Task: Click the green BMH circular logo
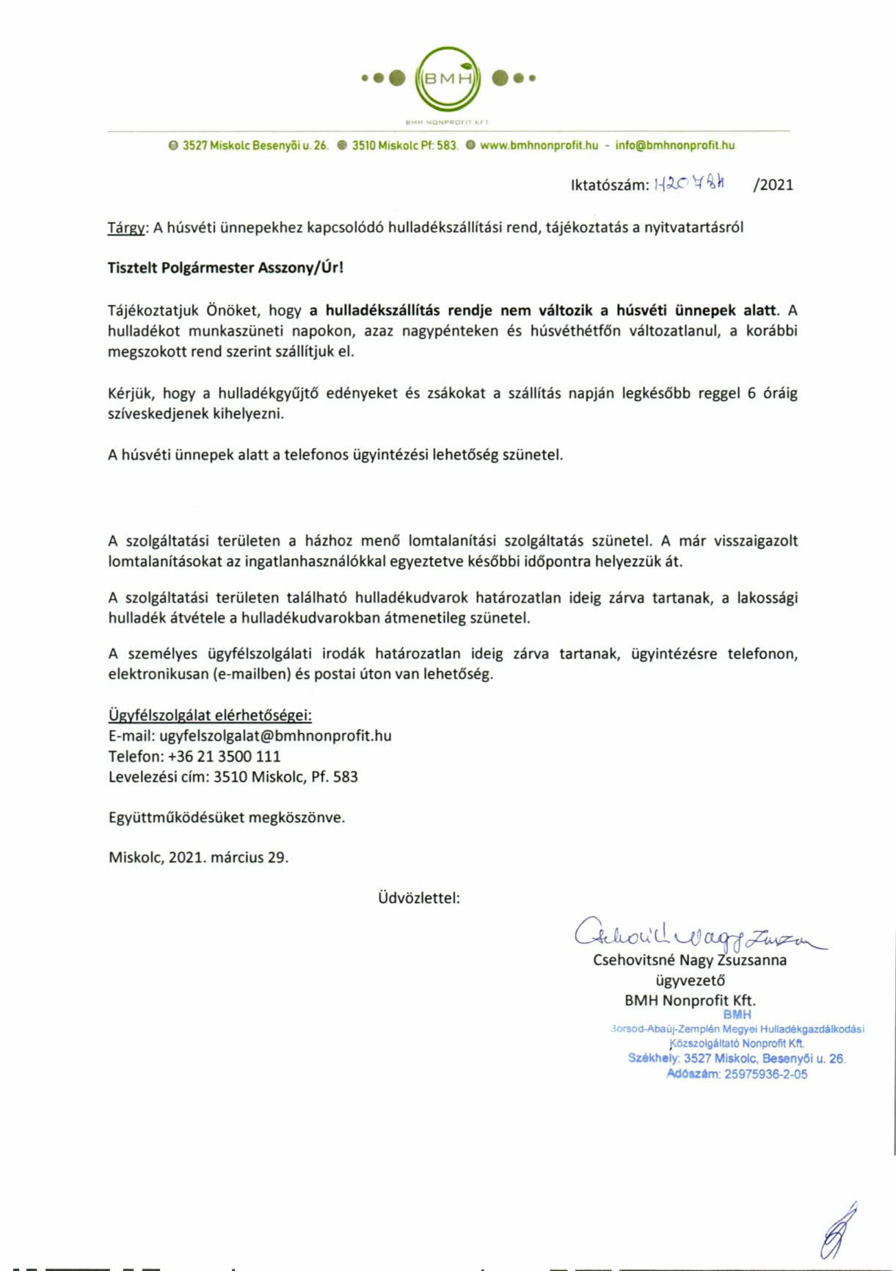click(448, 78)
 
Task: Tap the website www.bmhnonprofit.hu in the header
click(539, 145)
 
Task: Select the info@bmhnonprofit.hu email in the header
click(674, 145)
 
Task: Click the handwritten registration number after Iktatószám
click(688, 185)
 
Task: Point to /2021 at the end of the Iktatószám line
click(773, 185)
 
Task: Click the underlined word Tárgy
click(126, 228)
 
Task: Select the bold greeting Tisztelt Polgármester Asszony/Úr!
click(225, 268)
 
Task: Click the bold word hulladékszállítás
click(382, 310)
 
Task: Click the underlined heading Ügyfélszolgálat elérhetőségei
click(210, 715)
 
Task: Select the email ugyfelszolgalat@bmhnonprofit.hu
click(275, 736)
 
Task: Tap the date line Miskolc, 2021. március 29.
click(198, 857)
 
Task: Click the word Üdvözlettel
click(418, 898)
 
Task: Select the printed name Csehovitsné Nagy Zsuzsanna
click(689, 960)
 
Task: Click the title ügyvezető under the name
click(690, 981)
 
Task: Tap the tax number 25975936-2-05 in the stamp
click(765, 1074)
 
